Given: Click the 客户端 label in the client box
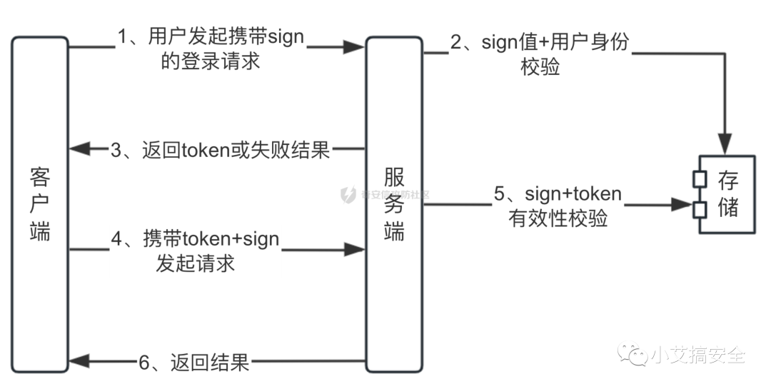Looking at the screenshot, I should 41,203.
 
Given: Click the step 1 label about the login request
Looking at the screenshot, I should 211,49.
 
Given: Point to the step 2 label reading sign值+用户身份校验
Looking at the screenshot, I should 539,54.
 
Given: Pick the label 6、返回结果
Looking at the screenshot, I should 194,363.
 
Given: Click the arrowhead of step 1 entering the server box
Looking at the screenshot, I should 355,48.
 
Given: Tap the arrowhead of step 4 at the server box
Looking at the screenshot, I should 355,249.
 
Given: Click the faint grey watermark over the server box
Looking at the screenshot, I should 385,193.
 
